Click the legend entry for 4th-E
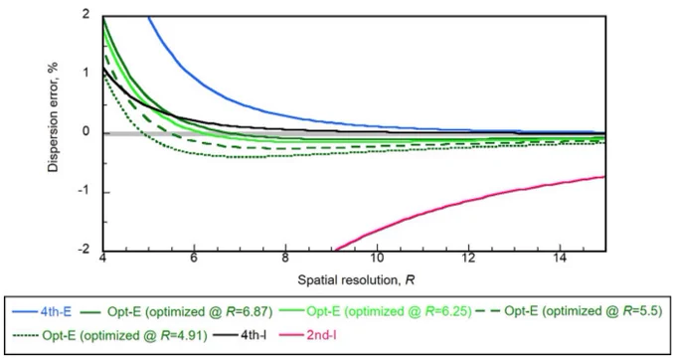pyautogui.click(x=42, y=311)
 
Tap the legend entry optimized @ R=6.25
pyautogui.click(x=376, y=311)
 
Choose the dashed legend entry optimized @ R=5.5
pyautogui.click(x=569, y=311)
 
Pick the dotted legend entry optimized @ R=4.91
pyautogui.click(x=110, y=335)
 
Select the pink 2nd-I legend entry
pyautogui.click(x=308, y=335)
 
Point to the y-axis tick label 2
pyautogui.click(x=85, y=15)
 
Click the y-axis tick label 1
pyautogui.click(x=86, y=73)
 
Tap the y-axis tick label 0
pyautogui.click(x=85, y=131)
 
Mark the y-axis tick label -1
pyautogui.click(x=84, y=191)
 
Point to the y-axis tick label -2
pyautogui.click(x=84, y=250)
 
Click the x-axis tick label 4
pyautogui.click(x=102, y=259)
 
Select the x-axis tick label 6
pyautogui.click(x=194, y=259)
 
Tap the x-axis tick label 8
pyautogui.click(x=285, y=259)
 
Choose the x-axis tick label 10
pyautogui.click(x=377, y=259)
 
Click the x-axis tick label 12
pyautogui.click(x=468, y=259)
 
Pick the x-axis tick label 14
pyautogui.click(x=560, y=259)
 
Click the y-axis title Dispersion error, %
pyautogui.click(x=53, y=117)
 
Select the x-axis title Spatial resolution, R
pyautogui.click(x=356, y=280)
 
